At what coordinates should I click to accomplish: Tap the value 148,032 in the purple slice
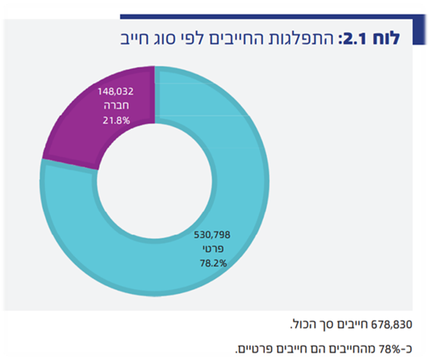coord(115,92)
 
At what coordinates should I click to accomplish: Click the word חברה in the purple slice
coord(115,106)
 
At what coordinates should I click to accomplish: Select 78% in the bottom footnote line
coord(394,348)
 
